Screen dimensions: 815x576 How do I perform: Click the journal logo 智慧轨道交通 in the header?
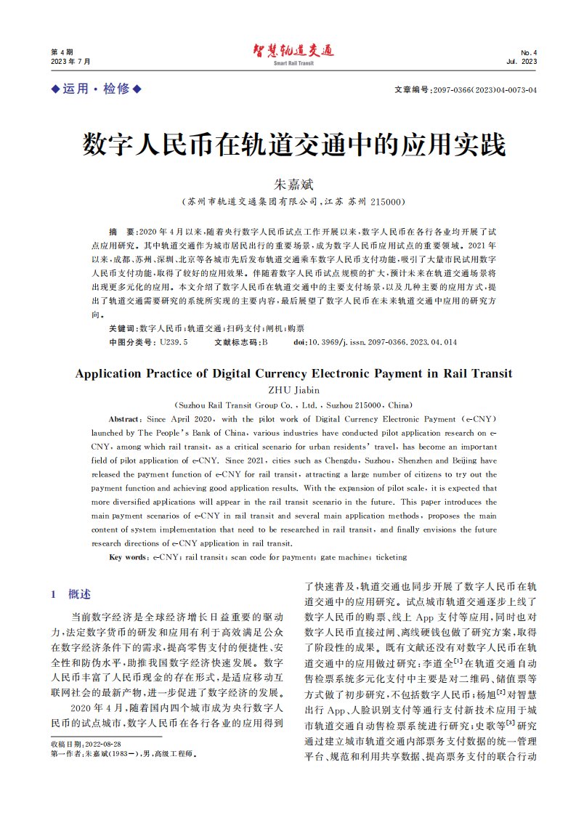click(x=293, y=50)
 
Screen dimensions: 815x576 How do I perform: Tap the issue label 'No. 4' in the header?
click(x=529, y=52)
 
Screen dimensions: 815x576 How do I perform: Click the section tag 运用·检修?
click(x=95, y=89)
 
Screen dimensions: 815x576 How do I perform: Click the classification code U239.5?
click(x=174, y=341)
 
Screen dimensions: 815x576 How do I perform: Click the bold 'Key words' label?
click(x=128, y=557)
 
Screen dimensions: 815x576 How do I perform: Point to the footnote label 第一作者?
click(x=65, y=754)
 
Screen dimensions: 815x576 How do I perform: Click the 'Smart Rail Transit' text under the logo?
click(x=293, y=64)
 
